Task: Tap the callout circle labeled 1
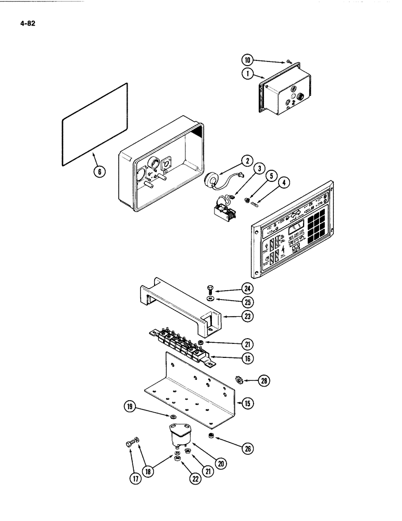249,74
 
